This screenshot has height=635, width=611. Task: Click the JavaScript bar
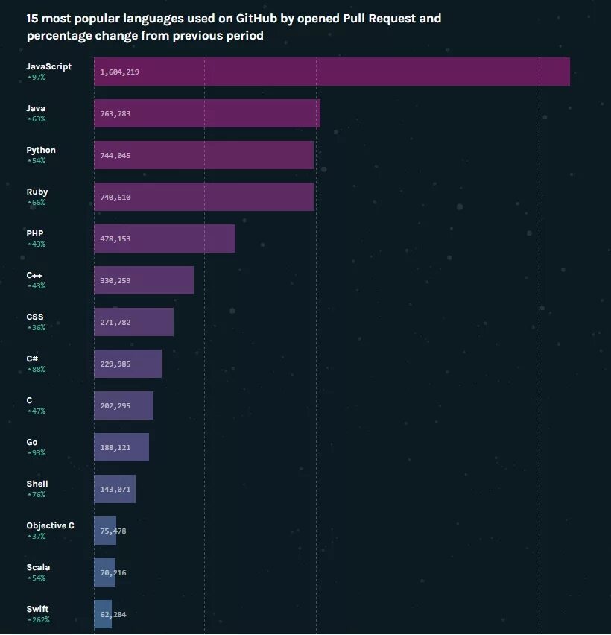click(332, 72)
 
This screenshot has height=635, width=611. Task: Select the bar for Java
click(207, 113)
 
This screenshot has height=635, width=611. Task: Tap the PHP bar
click(165, 238)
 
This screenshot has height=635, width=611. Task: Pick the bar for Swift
click(103, 614)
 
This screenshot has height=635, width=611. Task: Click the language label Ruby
click(37, 192)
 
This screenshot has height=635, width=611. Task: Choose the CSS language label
click(35, 317)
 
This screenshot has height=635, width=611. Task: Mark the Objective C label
click(50, 525)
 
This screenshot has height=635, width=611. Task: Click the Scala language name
click(38, 567)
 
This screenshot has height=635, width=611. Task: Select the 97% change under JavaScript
click(36, 77)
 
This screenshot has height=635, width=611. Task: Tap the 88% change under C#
click(36, 369)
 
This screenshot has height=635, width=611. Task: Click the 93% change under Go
click(36, 452)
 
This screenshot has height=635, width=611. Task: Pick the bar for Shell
click(115, 489)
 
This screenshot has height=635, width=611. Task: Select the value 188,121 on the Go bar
click(115, 448)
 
